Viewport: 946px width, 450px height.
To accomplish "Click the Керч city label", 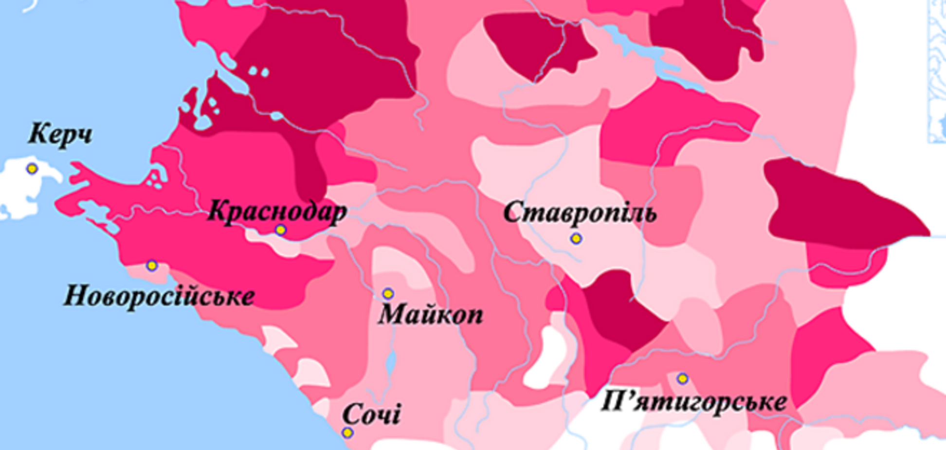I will coord(60,134).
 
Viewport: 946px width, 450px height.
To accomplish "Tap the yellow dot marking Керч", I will coord(32,169).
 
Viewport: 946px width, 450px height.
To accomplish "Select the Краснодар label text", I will coord(277,212).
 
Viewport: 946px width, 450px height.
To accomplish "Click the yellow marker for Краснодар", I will coord(280,230).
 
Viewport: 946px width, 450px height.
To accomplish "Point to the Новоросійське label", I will coord(159,296).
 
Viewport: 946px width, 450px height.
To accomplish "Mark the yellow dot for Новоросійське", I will coord(152,265).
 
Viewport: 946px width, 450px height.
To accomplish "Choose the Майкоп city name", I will coord(431,314).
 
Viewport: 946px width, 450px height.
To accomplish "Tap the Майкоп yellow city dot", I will coord(388,293).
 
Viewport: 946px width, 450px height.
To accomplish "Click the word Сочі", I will coord(371,414).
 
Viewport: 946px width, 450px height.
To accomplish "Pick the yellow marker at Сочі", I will coord(347,432).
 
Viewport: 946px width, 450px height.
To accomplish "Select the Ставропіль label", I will coord(580,213).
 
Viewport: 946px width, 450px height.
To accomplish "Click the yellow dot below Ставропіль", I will coord(576,239).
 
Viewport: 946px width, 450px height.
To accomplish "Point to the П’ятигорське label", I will coord(693,402).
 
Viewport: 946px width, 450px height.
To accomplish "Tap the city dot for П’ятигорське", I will coord(683,378).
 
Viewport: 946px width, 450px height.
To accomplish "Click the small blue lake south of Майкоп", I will coord(391,363).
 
